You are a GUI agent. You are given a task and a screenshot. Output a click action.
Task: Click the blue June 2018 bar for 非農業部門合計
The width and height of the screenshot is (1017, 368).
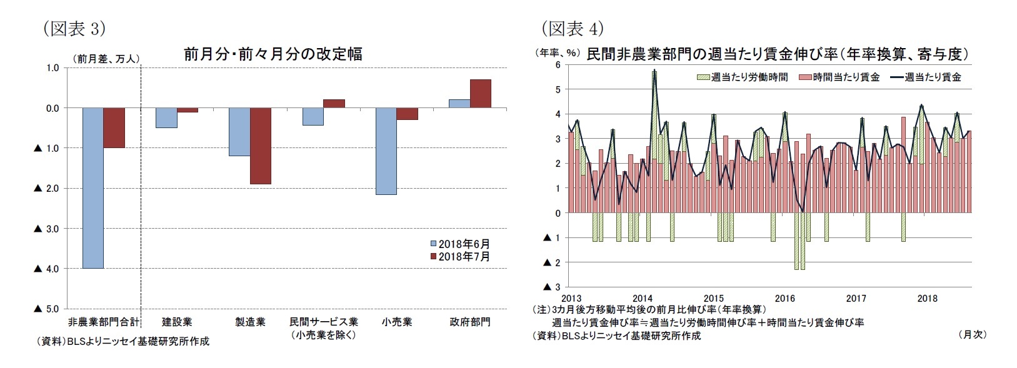click(x=93, y=187)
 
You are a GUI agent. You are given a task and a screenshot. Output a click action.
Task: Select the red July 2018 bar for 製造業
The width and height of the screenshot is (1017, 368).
click(x=261, y=146)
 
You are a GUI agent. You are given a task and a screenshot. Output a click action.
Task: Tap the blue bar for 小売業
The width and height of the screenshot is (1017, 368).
click(x=386, y=151)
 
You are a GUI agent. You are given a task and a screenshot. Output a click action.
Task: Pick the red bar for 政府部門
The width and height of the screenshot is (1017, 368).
click(x=480, y=94)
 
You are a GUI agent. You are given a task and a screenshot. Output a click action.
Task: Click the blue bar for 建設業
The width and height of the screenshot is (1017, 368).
click(x=166, y=117)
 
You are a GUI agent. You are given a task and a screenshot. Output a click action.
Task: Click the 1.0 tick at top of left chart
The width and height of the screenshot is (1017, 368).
click(x=53, y=67)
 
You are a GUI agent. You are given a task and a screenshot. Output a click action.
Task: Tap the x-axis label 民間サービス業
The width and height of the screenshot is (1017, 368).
click(x=323, y=322)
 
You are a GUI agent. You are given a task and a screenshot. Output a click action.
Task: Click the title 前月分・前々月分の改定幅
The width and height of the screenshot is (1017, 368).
click(x=273, y=54)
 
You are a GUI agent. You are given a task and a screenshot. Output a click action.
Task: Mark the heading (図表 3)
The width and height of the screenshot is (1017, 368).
click(x=74, y=29)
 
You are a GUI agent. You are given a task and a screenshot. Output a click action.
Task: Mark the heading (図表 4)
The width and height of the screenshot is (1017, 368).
click(x=571, y=29)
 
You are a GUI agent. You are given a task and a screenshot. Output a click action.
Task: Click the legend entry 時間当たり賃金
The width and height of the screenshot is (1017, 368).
click(x=846, y=77)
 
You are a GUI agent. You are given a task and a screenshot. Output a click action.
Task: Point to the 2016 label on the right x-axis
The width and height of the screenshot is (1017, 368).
click(x=784, y=298)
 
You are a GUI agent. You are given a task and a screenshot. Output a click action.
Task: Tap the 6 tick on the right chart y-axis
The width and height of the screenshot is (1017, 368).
click(x=558, y=65)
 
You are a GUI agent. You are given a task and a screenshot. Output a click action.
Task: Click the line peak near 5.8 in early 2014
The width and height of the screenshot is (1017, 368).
click(x=654, y=71)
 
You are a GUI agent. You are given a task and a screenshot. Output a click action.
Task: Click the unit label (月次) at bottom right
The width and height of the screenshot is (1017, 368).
click(x=971, y=334)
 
